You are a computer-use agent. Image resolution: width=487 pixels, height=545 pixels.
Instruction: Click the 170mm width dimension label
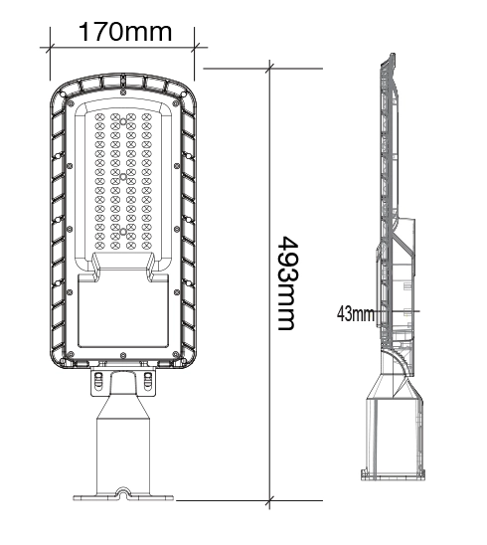124,31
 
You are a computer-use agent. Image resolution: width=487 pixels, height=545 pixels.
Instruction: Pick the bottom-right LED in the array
147,242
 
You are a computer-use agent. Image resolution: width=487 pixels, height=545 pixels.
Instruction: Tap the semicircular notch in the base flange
123,490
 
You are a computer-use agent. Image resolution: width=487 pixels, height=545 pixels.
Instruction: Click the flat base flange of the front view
123,496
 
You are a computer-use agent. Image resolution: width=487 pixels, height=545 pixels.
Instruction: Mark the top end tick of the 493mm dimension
272,68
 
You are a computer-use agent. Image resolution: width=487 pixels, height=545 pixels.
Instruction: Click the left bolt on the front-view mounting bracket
98,379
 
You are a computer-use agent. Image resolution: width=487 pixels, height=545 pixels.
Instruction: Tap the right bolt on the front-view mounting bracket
149,379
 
